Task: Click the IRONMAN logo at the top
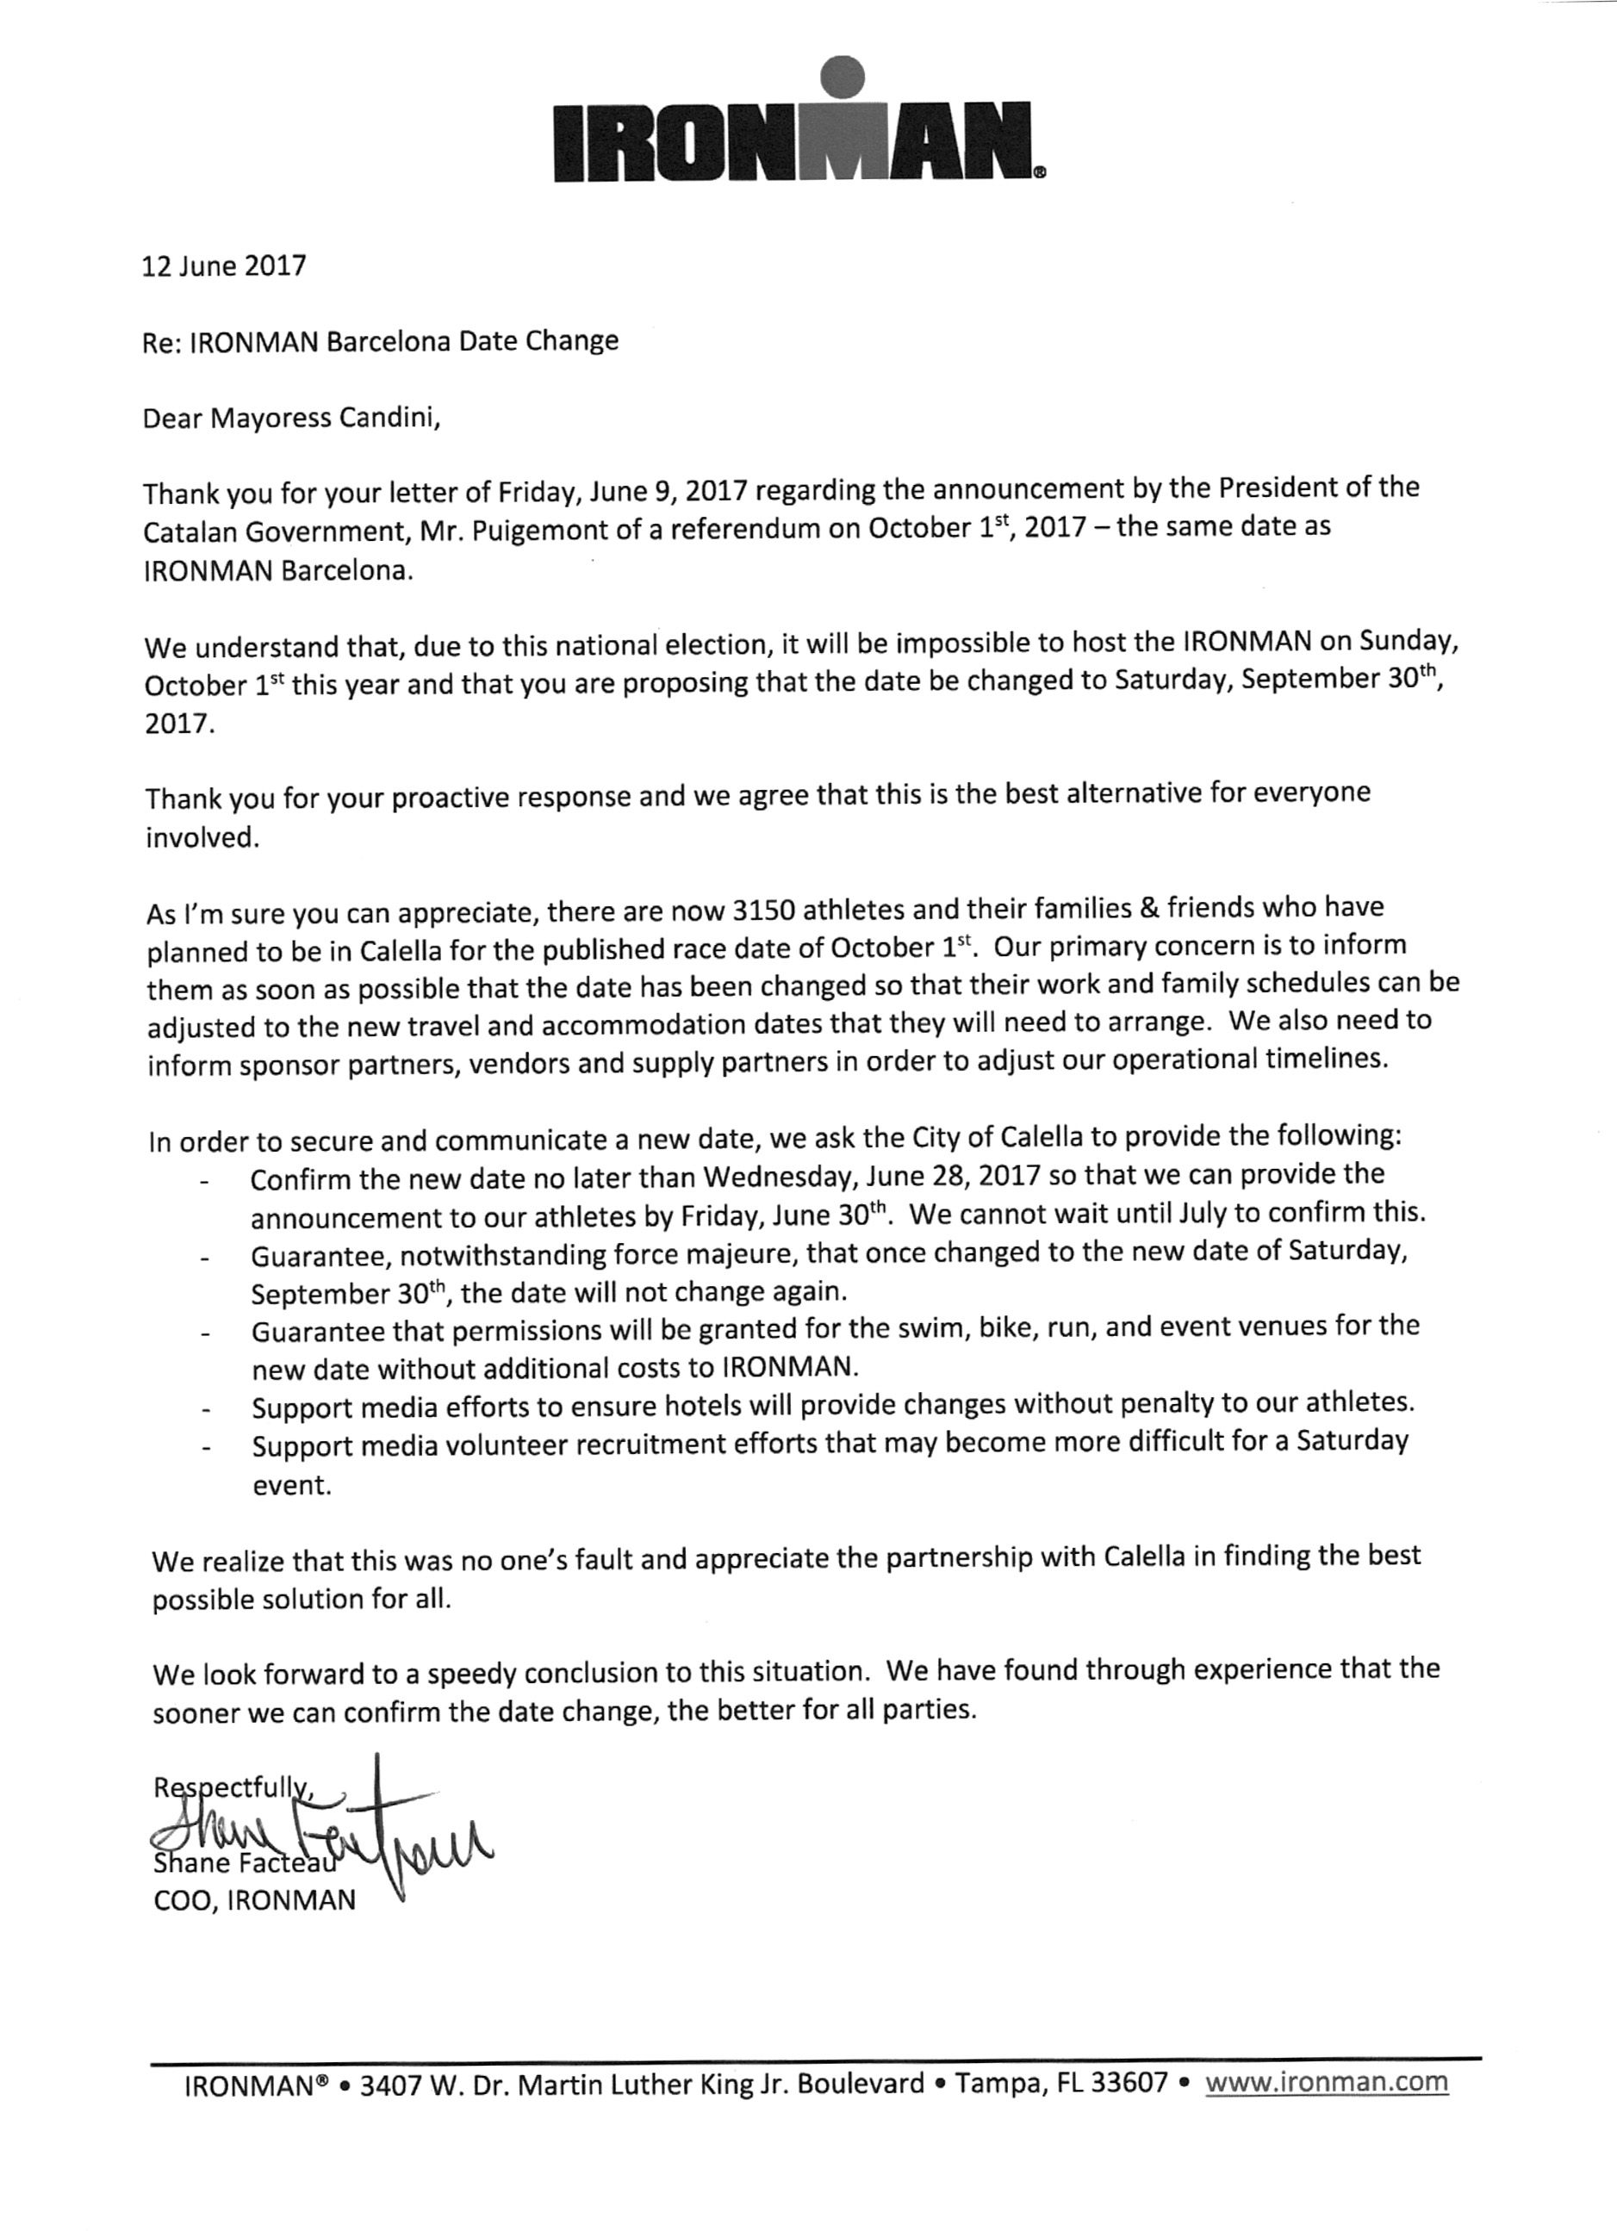click(x=799, y=127)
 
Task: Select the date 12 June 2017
click(x=224, y=265)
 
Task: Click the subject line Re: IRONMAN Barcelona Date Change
click(x=381, y=341)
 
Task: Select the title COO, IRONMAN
click(x=255, y=1900)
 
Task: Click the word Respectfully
click(x=231, y=1787)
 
